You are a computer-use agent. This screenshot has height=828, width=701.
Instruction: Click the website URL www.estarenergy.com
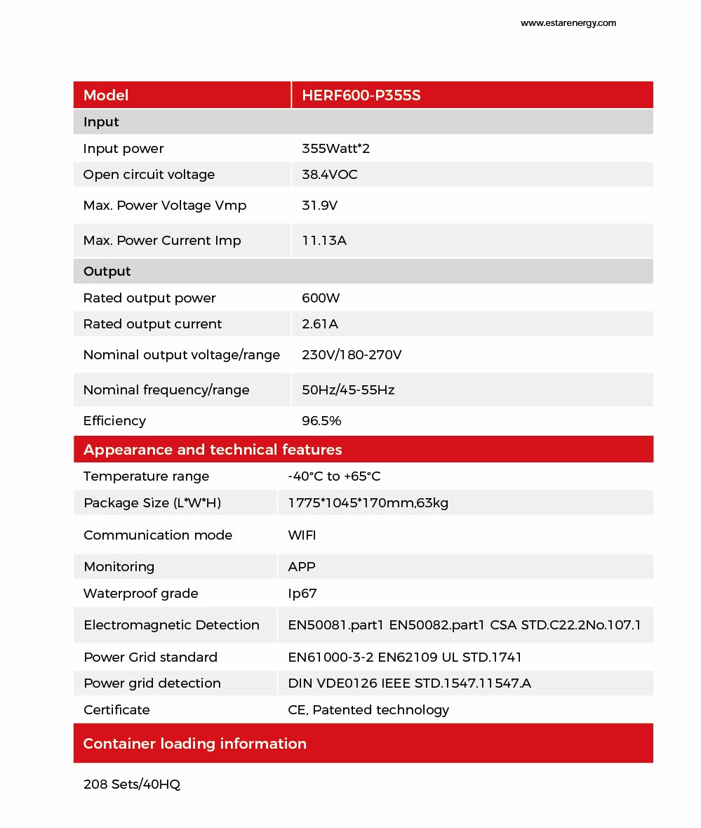(568, 23)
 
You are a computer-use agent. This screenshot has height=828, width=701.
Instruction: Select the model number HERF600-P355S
(361, 95)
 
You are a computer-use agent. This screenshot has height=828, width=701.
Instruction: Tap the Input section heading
(101, 122)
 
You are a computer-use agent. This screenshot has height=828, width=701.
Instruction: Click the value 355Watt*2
(331, 149)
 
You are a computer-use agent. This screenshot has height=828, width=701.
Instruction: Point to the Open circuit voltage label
(149, 175)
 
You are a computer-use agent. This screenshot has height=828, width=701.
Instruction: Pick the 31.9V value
(319, 206)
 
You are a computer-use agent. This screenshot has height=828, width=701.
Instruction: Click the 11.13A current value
(324, 241)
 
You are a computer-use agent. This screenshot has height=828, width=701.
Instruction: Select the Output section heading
(107, 272)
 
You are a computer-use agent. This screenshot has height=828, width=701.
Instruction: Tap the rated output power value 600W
(321, 298)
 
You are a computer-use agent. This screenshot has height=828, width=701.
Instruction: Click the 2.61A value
(320, 324)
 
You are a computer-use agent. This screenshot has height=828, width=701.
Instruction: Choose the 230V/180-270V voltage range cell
(352, 355)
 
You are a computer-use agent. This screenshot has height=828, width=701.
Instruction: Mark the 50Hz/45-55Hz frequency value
(348, 390)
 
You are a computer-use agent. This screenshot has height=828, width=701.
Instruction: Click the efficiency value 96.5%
(321, 421)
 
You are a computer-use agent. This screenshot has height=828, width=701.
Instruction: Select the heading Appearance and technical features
(213, 450)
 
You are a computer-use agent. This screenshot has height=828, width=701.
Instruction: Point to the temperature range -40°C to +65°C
(334, 476)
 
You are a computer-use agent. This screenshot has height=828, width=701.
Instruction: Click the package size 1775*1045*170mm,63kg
(368, 503)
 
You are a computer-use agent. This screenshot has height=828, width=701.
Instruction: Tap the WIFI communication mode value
(302, 535)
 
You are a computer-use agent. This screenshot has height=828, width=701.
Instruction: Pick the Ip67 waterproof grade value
(302, 594)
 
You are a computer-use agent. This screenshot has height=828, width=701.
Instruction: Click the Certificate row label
(116, 710)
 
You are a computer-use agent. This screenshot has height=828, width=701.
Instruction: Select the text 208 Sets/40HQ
(132, 784)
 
